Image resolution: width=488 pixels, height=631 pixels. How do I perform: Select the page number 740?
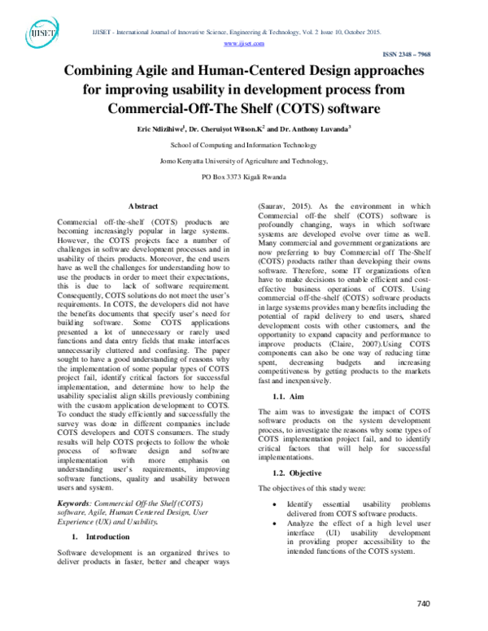tap(422, 603)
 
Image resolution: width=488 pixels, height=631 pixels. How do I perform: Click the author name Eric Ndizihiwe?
tap(159, 128)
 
